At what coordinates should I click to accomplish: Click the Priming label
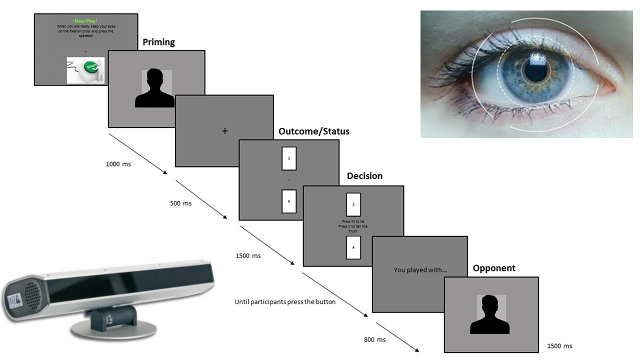(158, 42)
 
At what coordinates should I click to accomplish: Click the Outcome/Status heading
(313, 131)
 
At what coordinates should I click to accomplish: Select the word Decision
(364, 176)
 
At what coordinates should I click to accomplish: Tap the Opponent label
(494, 268)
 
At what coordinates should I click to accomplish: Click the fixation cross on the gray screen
(224, 130)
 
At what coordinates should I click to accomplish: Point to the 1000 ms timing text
(118, 164)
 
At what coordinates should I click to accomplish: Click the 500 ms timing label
(180, 203)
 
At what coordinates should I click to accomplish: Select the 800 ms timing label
(374, 340)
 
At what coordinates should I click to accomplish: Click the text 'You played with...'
(420, 270)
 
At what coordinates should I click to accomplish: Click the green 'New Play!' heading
(85, 21)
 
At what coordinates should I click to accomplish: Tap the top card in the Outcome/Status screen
(289, 158)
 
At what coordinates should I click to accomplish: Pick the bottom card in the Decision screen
(353, 247)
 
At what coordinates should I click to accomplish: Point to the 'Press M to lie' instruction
(353, 221)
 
